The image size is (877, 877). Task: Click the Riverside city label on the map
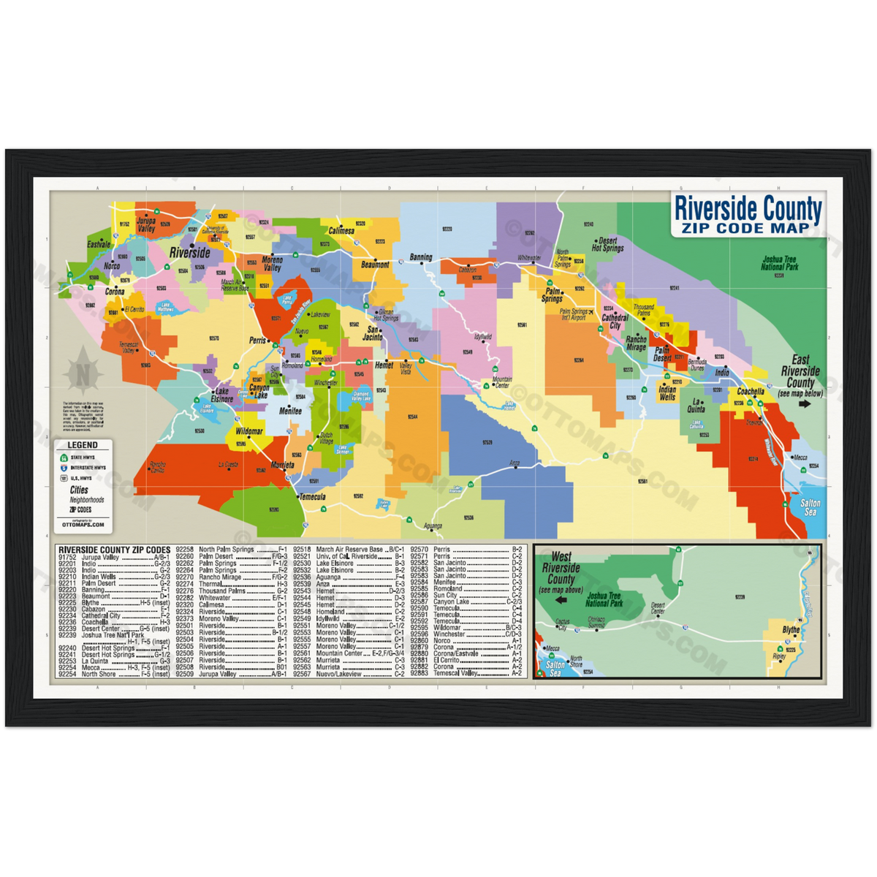point(189,253)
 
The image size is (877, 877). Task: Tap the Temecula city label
point(312,497)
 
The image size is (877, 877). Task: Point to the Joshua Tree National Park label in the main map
point(781,263)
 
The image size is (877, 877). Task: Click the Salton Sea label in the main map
point(810,507)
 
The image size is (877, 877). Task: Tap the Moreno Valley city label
point(272,264)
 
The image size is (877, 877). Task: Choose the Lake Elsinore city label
point(221,395)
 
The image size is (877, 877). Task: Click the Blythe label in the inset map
point(791,630)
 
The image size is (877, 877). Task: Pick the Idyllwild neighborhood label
point(483,337)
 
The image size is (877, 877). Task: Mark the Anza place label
point(515,463)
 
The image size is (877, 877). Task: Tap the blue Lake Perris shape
point(288,300)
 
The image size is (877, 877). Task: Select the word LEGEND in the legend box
point(82,445)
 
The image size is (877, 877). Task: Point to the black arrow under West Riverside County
point(561,600)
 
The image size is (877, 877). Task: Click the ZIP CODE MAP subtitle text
point(746,228)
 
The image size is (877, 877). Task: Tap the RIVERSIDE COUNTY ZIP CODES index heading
point(114,550)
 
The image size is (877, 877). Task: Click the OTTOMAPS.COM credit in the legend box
point(83,524)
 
